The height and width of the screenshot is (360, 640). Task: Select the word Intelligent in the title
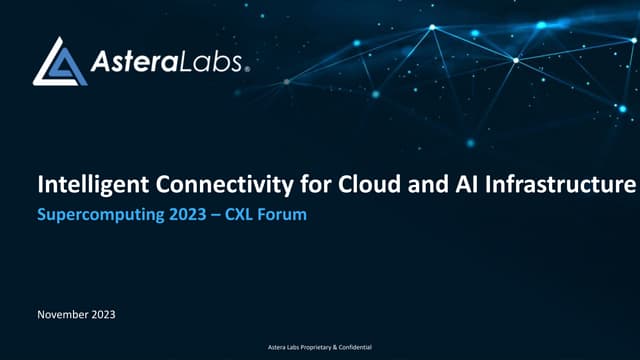[81, 185]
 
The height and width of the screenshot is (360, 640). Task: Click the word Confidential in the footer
[350, 346]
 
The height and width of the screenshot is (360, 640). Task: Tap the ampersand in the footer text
[323, 346]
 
